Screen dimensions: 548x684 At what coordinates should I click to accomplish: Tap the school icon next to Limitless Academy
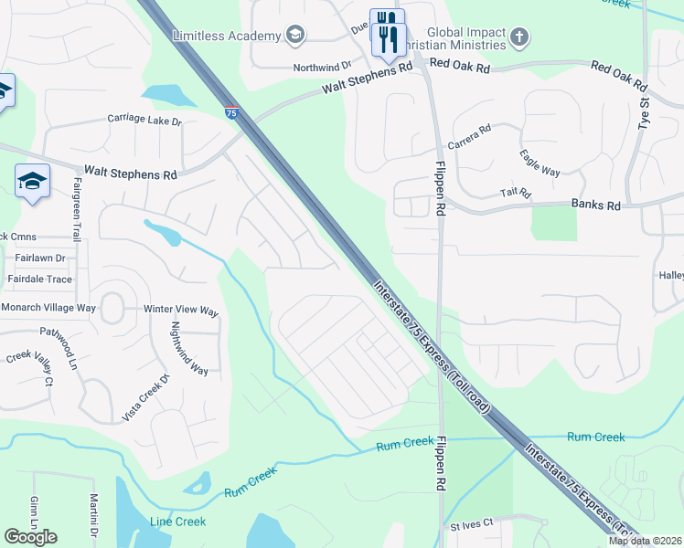[x=294, y=36]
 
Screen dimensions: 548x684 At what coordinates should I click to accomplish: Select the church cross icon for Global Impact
[x=519, y=37]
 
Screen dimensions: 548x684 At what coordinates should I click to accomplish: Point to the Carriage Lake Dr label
[x=144, y=120]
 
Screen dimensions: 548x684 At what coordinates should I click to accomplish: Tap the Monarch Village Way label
[x=48, y=308]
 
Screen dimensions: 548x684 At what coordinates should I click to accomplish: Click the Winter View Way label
[x=181, y=311]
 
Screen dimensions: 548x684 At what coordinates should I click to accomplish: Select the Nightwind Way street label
[x=189, y=349]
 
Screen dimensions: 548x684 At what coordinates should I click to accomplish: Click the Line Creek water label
[x=177, y=522]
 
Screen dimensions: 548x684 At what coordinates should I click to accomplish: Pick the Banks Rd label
[x=596, y=206]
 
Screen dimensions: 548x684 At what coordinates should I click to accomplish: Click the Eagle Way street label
[x=540, y=164]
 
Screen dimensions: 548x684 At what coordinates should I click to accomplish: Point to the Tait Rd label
[x=516, y=193]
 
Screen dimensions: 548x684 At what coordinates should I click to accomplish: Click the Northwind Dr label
[x=322, y=67]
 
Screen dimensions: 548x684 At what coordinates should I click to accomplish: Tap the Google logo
[x=30, y=536]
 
